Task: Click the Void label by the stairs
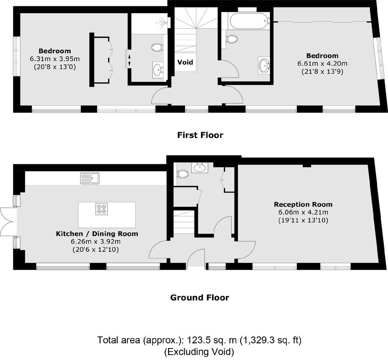(x=185, y=62)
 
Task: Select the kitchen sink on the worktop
(x=90, y=178)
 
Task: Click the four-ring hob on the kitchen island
(x=102, y=208)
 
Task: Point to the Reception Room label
(x=303, y=204)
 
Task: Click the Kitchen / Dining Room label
(x=97, y=234)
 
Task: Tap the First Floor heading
(x=200, y=135)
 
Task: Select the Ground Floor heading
(x=199, y=297)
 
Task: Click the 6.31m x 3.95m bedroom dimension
(x=54, y=59)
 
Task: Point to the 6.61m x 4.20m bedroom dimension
(x=322, y=64)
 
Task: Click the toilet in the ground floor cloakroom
(x=182, y=174)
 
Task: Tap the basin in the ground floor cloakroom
(x=200, y=168)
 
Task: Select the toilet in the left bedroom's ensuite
(x=157, y=47)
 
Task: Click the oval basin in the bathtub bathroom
(x=264, y=65)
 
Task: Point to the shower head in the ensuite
(x=163, y=22)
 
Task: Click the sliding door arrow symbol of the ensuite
(x=129, y=60)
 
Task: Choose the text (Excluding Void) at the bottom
(x=199, y=352)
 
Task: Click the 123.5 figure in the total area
(x=199, y=340)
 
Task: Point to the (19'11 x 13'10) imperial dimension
(x=303, y=220)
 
